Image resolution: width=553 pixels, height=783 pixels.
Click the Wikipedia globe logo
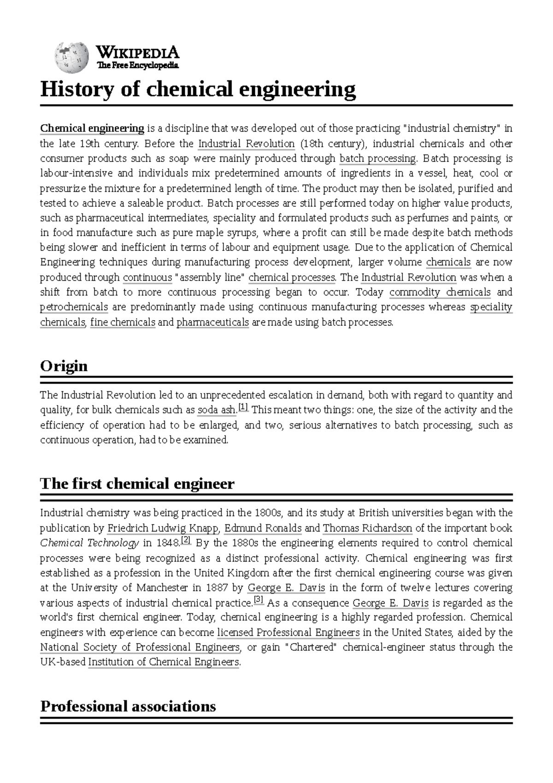[71, 59]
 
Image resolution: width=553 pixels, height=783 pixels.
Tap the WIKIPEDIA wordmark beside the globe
[138, 52]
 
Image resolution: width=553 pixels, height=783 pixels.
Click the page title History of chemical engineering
[198, 89]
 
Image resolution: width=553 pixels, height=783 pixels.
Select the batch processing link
[377, 159]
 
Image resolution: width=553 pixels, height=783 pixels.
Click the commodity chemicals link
[440, 293]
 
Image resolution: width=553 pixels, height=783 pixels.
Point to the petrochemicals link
[74, 307]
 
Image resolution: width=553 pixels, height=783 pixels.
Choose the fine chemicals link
[123, 322]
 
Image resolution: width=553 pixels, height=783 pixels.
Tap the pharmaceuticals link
[212, 322]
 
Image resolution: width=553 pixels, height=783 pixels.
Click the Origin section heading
[64, 366]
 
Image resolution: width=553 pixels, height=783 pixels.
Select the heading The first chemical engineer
[137, 484]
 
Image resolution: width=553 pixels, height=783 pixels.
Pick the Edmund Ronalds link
[263, 528]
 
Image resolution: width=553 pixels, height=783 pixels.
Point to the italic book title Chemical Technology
[89, 543]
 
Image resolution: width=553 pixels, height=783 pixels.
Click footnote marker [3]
[259, 600]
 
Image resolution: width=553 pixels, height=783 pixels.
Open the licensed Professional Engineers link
[288, 633]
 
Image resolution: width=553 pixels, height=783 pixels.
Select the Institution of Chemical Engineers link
[164, 662]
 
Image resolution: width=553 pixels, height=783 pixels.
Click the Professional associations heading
[128, 706]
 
